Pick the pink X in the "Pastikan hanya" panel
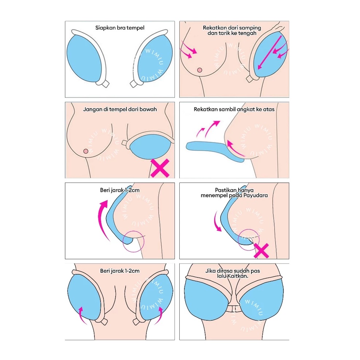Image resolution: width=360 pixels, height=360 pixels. pyautogui.click(x=261, y=250)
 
